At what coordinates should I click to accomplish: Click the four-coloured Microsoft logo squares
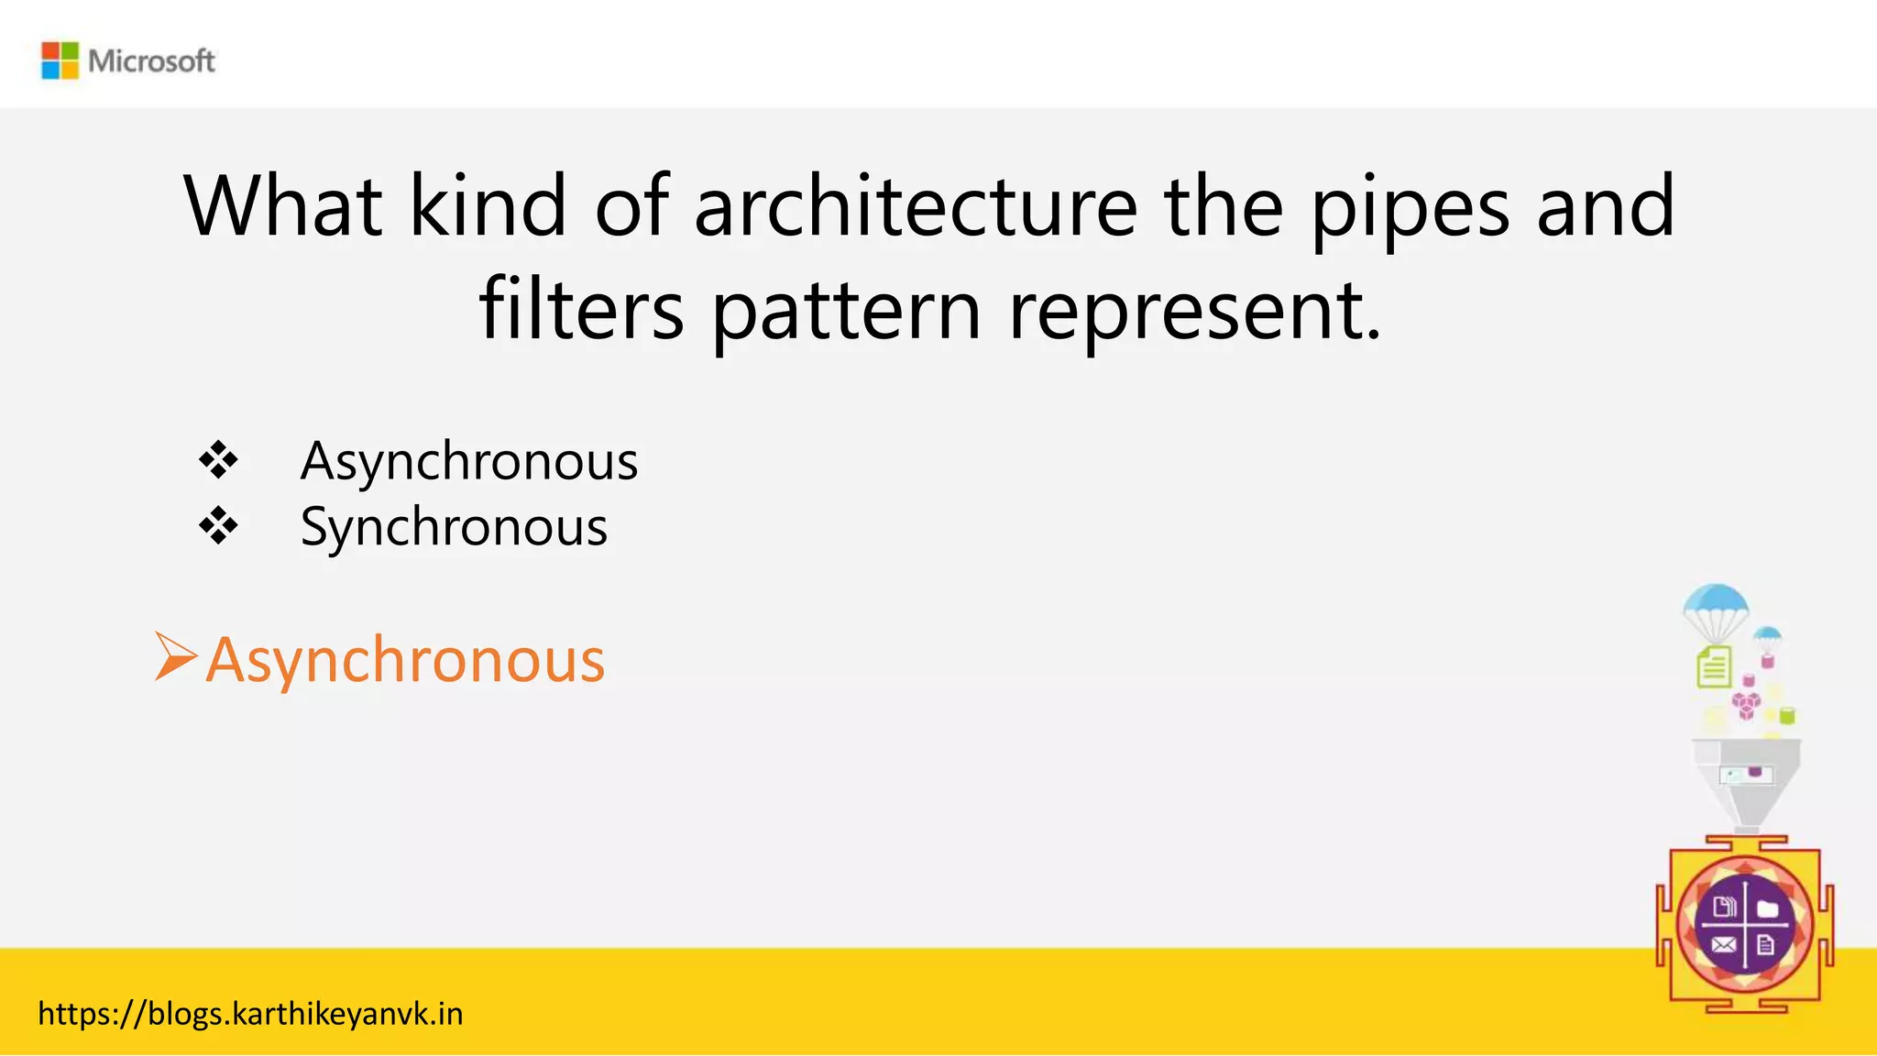coord(60,60)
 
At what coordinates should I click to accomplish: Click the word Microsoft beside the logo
coord(151,61)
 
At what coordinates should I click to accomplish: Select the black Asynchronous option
coord(468,461)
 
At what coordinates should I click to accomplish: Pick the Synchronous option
coord(454,527)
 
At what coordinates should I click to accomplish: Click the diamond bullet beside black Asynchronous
coord(218,460)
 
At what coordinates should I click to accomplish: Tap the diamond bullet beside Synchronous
coord(218,526)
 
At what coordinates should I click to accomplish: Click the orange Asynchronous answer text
coord(405,660)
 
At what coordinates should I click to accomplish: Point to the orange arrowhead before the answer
coord(175,656)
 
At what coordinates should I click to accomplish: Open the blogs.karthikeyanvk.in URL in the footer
coord(250,1014)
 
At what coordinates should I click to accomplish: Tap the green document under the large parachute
coord(1714,666)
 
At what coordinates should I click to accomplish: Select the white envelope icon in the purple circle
coord(1723,945)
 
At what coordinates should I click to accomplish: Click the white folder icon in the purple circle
coord(1767,908)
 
